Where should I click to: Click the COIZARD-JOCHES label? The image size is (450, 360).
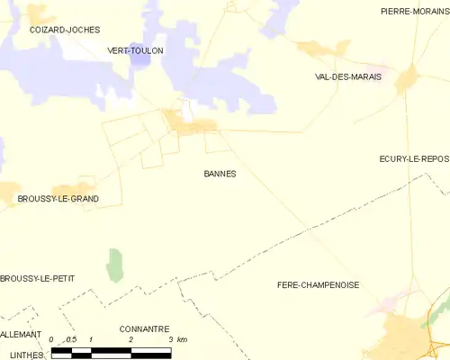(64, 30)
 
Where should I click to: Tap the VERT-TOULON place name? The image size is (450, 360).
(135, 51)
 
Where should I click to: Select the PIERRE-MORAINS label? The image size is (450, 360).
(409, 12)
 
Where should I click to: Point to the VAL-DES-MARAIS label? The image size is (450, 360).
(348, 77)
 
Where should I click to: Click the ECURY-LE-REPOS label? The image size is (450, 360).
(413, 158)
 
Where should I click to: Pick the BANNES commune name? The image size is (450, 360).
(220, 174)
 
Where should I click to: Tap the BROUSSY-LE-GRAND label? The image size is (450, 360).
(58, 198)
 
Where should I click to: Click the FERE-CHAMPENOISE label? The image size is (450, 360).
(318, 284)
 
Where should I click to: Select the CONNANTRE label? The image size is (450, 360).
(143, 329)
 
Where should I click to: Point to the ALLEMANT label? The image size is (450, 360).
(21, 334)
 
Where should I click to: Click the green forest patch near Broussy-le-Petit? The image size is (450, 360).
(114, 265)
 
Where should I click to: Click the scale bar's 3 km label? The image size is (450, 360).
(181, 339)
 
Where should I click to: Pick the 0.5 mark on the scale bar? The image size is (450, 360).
(71, 339)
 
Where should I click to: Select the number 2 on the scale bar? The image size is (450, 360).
(131, 339)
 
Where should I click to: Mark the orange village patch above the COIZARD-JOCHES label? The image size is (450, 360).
(38, 13)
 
